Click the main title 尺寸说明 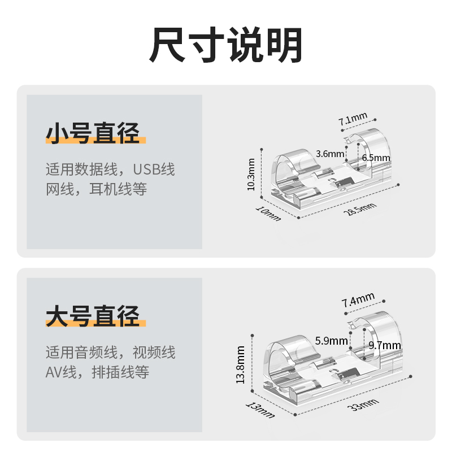(226, 45)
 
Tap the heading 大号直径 (93, 316)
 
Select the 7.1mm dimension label (353, 120)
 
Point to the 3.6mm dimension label (330, 154)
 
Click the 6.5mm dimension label (376, 158)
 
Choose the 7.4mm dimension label (358, 299)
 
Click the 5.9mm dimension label (332, 341)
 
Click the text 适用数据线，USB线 (110, 169)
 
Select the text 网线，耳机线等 (96, 189)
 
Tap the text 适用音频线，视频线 (110, 353)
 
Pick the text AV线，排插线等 (97, 372)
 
